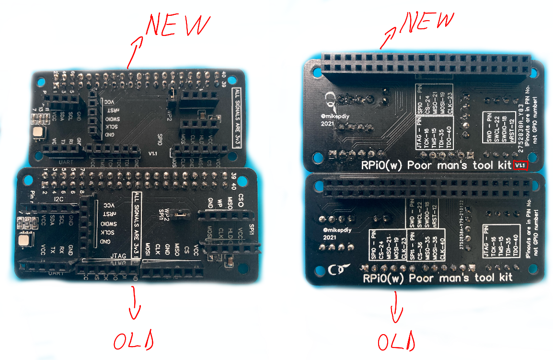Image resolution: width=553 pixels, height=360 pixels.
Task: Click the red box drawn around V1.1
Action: [x=520, y=165]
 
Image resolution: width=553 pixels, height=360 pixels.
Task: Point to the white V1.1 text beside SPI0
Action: [x=152, y=154]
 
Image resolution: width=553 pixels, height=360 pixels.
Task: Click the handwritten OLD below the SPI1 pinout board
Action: [x=396, y=342]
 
